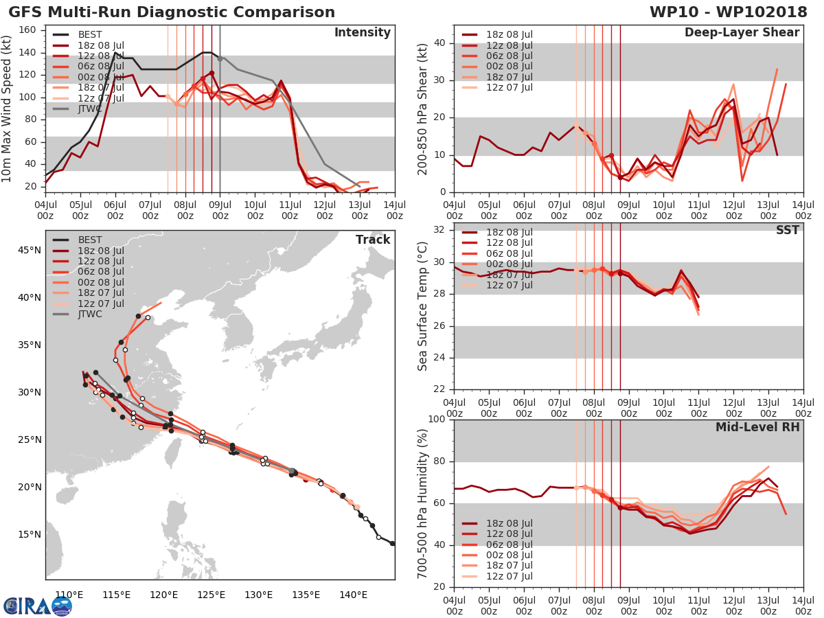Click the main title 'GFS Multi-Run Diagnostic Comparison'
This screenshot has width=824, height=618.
pos(172,12)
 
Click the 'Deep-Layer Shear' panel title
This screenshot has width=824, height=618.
pos(742,33)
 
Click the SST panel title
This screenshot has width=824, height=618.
pos(788,230)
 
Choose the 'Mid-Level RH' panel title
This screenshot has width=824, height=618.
pos(757,427)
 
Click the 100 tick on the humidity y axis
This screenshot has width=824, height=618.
pos(436,420)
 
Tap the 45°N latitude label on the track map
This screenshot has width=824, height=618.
pos(29,250)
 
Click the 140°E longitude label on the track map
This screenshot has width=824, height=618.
pos(352,595)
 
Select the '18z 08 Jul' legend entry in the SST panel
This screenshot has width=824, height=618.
pos(508,232)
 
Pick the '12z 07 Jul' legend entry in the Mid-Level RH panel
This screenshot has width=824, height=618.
pos(508,576)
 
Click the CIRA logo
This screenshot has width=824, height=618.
pos(37,606)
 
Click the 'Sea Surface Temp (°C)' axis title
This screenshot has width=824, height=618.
pos(423,306)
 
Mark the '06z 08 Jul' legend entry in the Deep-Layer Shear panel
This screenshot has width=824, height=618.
pos(508,56)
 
